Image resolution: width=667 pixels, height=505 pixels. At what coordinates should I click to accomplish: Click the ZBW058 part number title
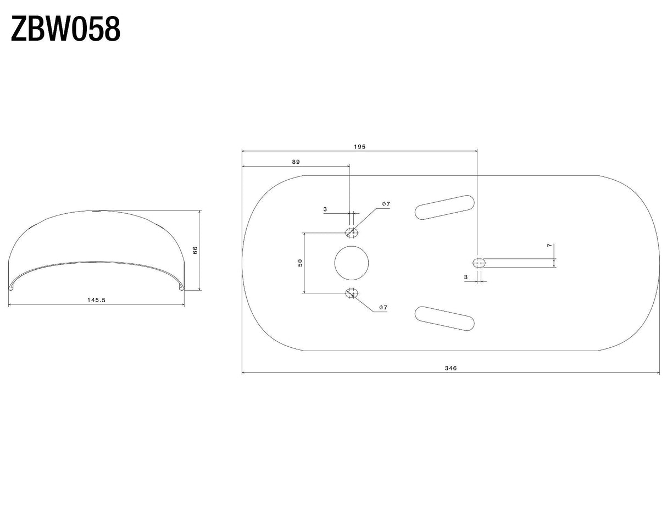65,29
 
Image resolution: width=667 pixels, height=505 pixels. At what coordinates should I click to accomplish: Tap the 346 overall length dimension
451,368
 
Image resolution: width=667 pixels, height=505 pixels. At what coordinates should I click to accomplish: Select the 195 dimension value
359,147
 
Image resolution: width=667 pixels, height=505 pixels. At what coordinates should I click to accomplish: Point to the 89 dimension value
296,162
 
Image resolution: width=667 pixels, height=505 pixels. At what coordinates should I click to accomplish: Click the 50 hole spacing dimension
300,263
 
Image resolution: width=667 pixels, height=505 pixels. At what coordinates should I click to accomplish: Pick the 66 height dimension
195,250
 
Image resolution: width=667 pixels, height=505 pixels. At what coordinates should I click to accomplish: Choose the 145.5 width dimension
96,300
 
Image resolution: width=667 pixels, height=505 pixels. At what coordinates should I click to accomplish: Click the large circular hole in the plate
352,263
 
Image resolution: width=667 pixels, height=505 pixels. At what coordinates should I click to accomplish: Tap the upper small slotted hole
352,232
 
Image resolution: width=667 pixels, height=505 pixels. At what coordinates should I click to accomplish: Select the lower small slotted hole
352,293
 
